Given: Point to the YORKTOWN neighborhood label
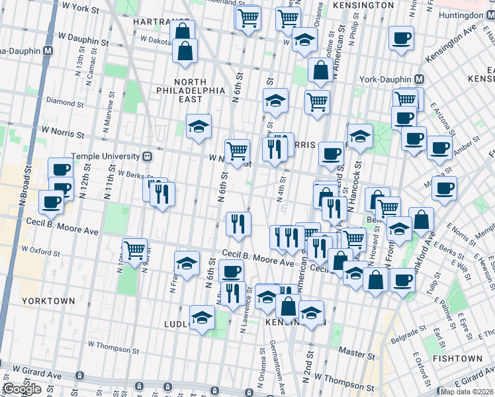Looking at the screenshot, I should [48, 300].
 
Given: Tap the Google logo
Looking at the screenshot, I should [21, 389].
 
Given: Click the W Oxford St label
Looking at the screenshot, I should [40, 251].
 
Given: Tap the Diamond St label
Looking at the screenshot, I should [64, 102].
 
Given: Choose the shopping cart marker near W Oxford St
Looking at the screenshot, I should [134, 250].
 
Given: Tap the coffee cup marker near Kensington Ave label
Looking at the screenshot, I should [401, 38].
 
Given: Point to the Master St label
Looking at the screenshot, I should [352, 351].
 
